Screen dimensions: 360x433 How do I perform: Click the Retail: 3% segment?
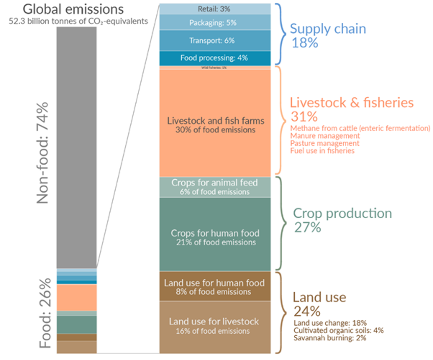pyautogui.click(x=214, y=9)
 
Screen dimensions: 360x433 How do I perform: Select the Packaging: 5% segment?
pyautogui.click(x=214, y=23)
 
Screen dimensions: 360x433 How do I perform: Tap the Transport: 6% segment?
pyautogui.click(x=214, y=41)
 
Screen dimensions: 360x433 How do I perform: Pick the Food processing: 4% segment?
pyautogui.click(x=214, y=58)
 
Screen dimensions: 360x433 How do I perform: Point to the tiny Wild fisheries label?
pyautogui.click(x=214, y=68)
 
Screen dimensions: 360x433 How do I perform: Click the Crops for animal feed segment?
pyautogui.click(x=214, y=187)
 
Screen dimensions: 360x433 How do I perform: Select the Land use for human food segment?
pyautogui.click(x=214, y=287)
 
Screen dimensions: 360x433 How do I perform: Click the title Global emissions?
pyautogui.click(x=73, y=9)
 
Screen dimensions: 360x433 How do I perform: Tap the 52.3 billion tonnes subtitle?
pyautogui.click(x=78, y=21)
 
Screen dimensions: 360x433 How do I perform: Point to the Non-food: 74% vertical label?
pyautogui.click(x=43, y=153)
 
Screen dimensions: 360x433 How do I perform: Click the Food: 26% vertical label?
pyautogui.click(x=45, y=313)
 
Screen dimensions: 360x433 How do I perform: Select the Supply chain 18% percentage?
pyautogui.click(x=305, y=43)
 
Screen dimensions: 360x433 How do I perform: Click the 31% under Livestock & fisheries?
pyautogui.click(x=304, y=117)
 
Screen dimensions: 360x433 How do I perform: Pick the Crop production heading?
pyautogui.click(x=342, y=213)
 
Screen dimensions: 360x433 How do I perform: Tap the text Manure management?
pyautogui.click(x=325, y=136)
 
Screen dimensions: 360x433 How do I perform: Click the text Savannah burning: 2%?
pyautogui.click(x=330, y=338)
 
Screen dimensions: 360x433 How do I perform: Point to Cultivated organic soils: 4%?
pyautogui.click(x=338, y=331)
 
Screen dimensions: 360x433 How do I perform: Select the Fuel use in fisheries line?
pyautogui.click(x=322, y=151)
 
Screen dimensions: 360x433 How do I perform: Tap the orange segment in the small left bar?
pyautogui.click(x=76, y=297)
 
